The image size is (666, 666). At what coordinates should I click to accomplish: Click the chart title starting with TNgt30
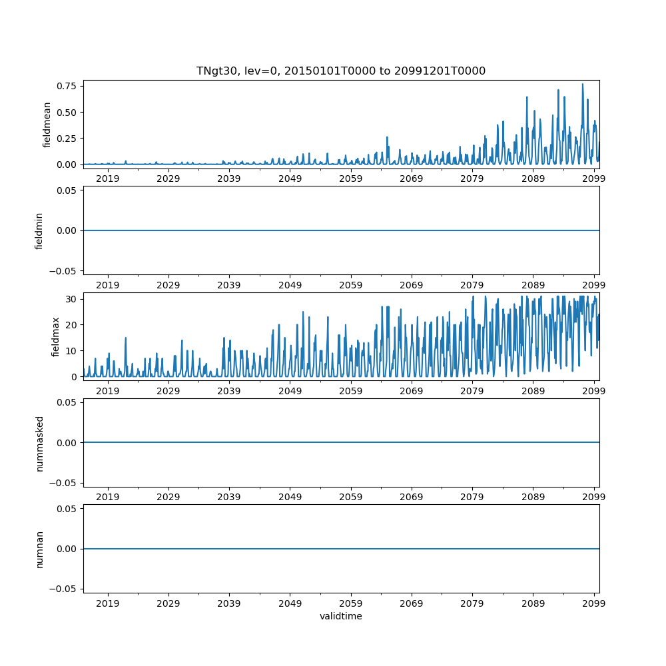[x=340, y=71]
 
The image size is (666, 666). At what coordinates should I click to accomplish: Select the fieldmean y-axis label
[x=47, y=125]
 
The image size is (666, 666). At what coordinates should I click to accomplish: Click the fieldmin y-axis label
[x=39, y=230]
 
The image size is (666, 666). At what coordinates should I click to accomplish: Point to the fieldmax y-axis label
[x=55, y=337]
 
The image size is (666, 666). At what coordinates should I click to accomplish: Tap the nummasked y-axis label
[x=39, y=443]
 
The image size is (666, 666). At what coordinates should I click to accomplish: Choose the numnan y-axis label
[x=39, y=549]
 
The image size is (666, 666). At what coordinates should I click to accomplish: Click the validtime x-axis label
[x=340, y=617]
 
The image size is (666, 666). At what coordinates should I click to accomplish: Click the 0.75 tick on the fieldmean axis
[x=67, y=86]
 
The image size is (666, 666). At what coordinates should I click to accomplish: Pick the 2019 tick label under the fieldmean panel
[x=107, y=178]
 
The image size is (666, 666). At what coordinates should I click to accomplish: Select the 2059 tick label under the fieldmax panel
[x=350, y=390]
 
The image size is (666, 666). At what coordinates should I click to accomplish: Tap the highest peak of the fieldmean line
[x=582, y=85]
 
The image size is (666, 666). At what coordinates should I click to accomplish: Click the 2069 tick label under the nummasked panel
[x=412, y=496]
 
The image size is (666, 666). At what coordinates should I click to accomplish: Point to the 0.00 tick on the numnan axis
[x=67, y=549]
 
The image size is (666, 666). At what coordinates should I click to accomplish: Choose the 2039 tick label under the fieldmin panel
[x=229, y=284]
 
